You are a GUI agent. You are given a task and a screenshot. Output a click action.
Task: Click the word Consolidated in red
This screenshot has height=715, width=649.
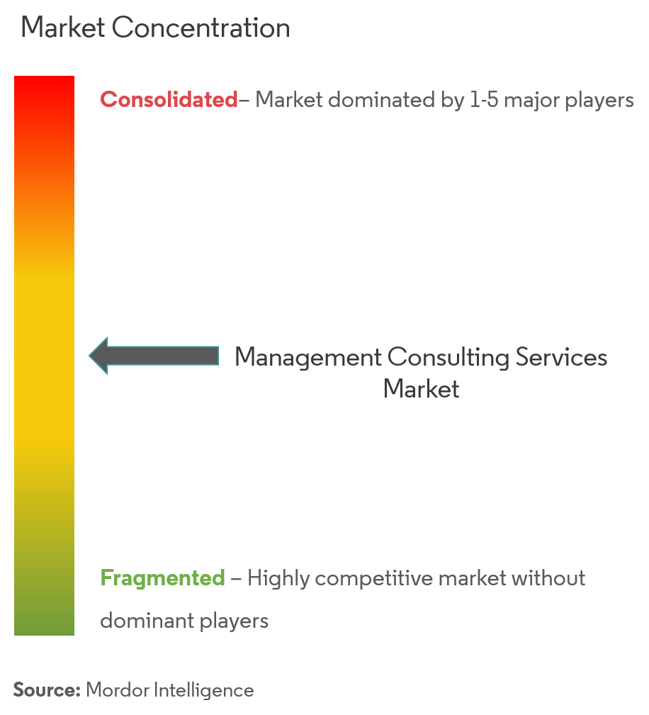[169, 99]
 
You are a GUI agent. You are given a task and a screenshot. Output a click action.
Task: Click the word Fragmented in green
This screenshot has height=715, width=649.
[162, 578]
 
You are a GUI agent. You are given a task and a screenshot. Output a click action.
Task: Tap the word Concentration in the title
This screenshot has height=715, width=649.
[201, 28]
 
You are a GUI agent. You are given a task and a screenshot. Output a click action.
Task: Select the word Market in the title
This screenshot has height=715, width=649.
[63, 28]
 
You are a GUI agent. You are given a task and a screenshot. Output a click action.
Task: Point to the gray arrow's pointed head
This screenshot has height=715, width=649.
[90, 356]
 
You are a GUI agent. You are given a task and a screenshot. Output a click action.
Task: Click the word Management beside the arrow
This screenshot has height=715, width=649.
[308, 358]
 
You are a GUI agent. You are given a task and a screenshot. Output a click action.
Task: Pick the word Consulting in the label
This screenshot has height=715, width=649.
[448, 358]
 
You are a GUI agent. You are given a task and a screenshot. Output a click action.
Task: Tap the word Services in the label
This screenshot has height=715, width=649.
[561, 357]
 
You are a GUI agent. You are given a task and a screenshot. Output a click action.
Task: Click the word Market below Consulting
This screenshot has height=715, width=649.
[421, 389]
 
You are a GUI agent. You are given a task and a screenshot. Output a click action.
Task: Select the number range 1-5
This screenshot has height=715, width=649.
[484, 99]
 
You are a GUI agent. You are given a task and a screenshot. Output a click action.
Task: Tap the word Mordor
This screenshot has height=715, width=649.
[117, 690]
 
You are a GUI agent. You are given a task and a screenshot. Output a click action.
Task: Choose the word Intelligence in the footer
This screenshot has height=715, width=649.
[203, 691]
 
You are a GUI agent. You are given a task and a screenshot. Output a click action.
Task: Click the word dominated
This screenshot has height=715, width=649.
[381, 99]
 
